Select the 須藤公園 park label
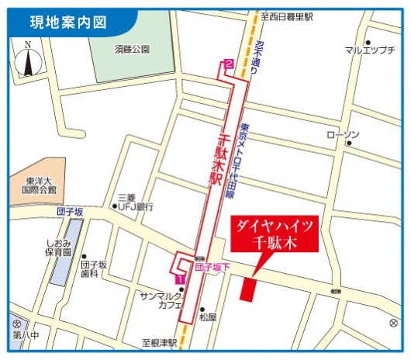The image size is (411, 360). (x=135, y=49)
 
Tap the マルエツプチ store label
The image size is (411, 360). (x=370, y=51)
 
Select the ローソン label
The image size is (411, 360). (x=344, y=136)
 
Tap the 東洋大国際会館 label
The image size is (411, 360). (x=39, y=185)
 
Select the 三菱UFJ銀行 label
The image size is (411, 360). (x=136, y=202)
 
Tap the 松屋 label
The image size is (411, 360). (x=208, y=317)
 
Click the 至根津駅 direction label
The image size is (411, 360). (x=159, y=342)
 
